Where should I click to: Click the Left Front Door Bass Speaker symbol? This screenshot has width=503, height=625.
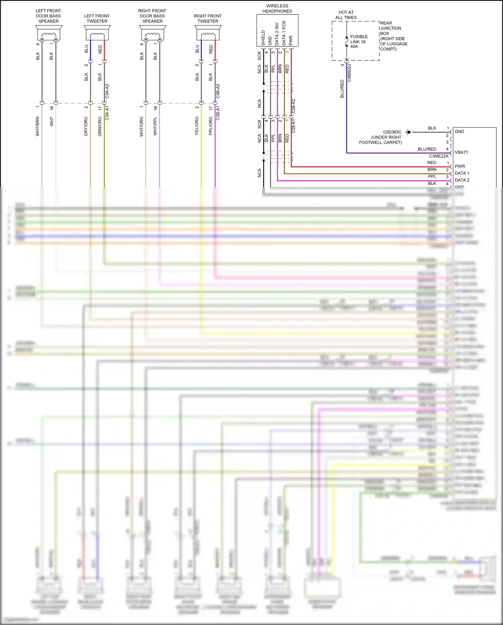(49, 34)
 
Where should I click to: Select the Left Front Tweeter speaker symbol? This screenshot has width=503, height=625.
(97, 34)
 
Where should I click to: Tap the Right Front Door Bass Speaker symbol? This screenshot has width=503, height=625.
(153, 34)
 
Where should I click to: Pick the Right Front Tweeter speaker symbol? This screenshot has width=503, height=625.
(208, 34)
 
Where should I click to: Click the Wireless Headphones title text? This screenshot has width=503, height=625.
(277, 8)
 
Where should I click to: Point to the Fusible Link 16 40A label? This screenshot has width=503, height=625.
(358, 41)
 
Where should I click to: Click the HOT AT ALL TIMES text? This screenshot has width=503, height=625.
(346, 15)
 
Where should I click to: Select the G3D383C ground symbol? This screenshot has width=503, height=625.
(408, 132)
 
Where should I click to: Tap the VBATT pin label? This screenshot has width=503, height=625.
(461, 152)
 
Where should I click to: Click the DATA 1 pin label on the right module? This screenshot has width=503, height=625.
(462, 173)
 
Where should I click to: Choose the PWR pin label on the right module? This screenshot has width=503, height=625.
(460, 166)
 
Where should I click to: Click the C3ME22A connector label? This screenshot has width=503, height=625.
(438, 156)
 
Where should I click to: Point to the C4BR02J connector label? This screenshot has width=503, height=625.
(349, 73)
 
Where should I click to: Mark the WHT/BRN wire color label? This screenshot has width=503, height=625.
(38, 126)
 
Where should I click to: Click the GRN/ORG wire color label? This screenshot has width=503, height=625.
(100, 126)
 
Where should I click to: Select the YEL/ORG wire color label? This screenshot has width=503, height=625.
(197, 126)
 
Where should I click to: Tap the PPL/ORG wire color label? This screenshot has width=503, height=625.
(211, 126)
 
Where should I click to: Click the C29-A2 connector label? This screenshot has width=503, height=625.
(293, 106)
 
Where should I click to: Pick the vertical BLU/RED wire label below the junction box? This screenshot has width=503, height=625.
(342, 89)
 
